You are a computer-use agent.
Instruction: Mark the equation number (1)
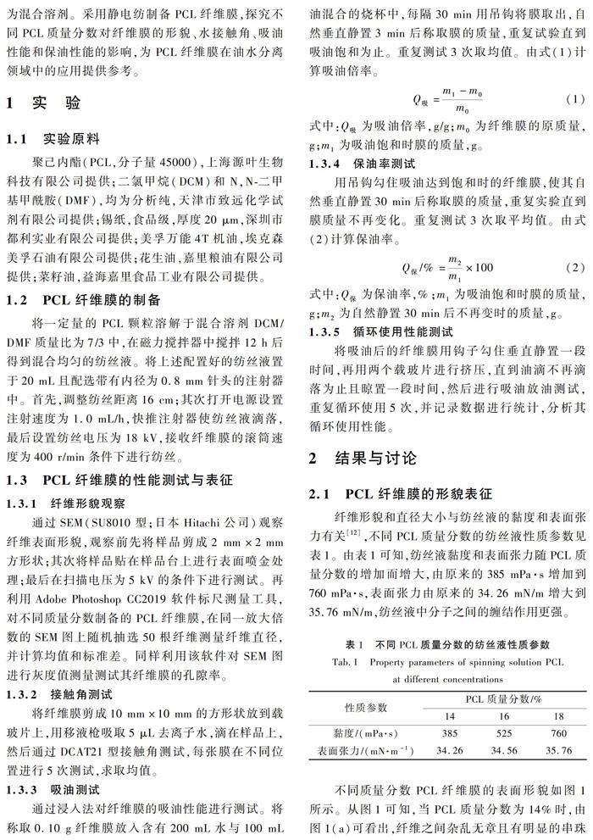click(x=574, y=99)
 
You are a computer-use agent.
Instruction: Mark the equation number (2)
click(x=574, y=267)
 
